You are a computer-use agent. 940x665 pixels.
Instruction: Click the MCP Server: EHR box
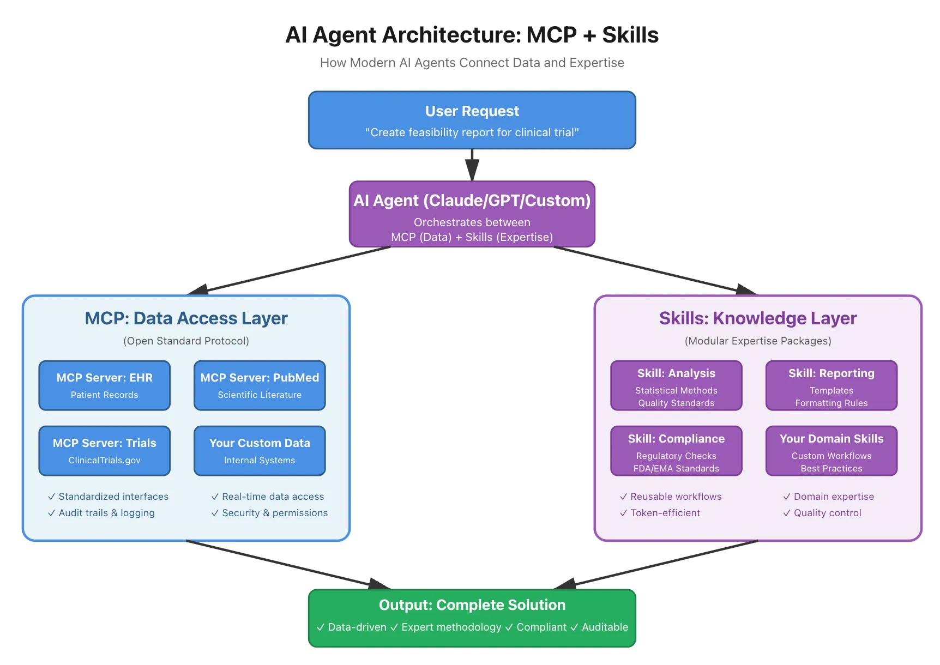pos(105,385)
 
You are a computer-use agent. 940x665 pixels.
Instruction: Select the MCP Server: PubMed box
pos(260,385)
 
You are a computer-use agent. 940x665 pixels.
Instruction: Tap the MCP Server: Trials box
pos(105,451)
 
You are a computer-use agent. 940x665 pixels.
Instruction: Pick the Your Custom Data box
pos(260,451)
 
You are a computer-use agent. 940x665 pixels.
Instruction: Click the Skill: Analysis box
pos(676,385)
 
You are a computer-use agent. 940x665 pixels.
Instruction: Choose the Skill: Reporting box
pos(831,385)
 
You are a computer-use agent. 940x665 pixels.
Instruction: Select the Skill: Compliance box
pos(676,451)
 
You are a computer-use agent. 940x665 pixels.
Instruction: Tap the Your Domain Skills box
pos(831,451)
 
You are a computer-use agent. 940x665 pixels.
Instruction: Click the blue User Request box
pos(472,120)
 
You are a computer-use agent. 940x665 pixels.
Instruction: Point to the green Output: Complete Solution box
pos(472,618)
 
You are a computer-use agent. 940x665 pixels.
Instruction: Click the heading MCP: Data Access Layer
pos(186,318)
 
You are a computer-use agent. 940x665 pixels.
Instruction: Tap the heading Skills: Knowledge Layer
pos(758,318)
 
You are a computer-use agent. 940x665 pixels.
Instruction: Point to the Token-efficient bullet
pos(665,513)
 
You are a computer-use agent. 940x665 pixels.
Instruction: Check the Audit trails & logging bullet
pos(106,513)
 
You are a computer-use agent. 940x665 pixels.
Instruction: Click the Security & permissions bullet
pos(275,513)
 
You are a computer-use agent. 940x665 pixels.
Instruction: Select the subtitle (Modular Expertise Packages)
pos(758,341)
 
